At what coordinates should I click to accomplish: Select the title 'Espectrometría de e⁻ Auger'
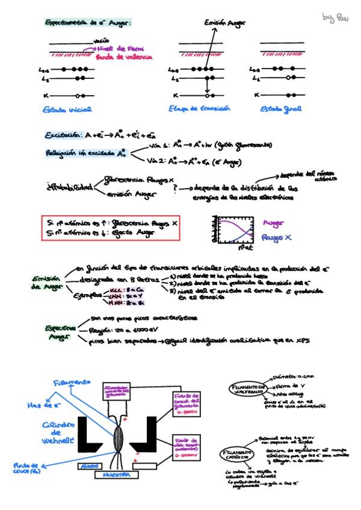88,22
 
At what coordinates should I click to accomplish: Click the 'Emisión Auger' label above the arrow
224,23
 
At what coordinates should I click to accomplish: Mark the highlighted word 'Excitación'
63,135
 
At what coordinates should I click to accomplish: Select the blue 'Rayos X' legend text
277,238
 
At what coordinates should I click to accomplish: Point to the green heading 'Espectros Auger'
60,333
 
